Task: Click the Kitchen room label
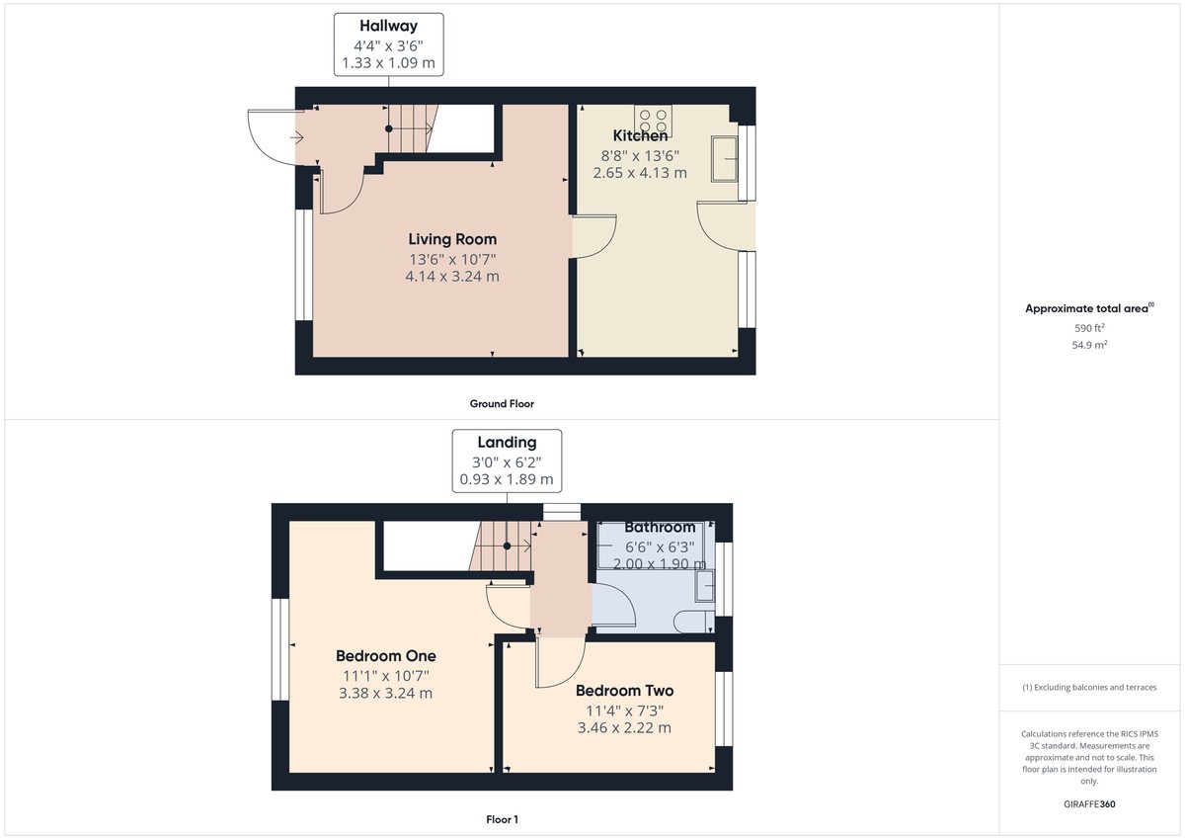[x=640, y=135]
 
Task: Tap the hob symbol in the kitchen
[x=653, y=121]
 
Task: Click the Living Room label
[x=452, y=239]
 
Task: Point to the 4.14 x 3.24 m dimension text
[x=452, y=277]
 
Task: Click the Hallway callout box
[x=388, y=43]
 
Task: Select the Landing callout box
[x=507, y=461]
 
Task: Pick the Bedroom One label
[x=385, y=656]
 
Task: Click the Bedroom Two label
[x=624, y=691]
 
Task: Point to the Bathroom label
[x=660, y=528]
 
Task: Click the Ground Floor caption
[x=502, y=403]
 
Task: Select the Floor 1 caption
[x=502, y=819]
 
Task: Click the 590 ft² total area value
[x=1089, y=328]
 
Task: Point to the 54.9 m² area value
[x=1089, y=345]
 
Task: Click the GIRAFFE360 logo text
[x=1089, y=804]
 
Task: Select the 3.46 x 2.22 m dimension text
[x=624, y=728]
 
